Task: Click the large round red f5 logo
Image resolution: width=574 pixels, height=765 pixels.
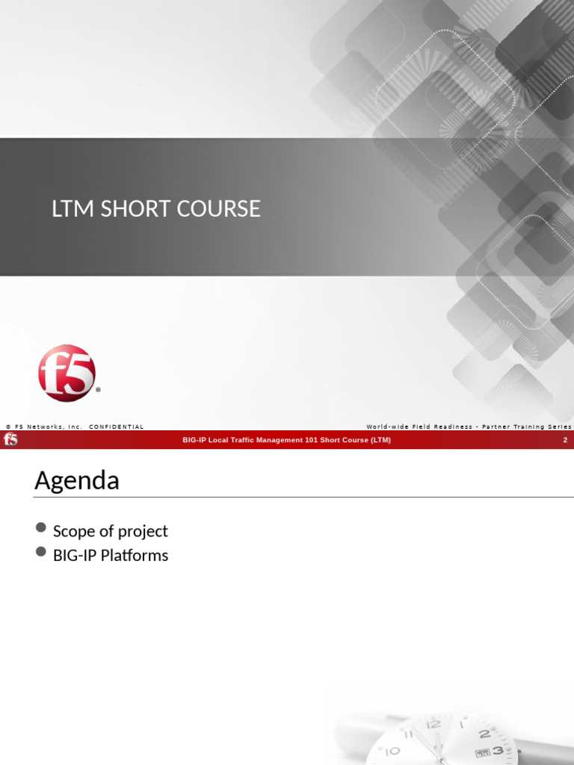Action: point(67,373)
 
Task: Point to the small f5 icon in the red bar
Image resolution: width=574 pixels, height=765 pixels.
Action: point(10,440)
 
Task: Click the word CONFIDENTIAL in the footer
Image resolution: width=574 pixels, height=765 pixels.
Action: point(116,427)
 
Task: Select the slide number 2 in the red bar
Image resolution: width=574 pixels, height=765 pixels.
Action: point(565,440)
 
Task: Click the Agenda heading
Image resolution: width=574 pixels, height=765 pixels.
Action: point(76,480)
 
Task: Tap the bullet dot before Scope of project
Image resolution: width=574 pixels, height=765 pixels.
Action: point(41,529)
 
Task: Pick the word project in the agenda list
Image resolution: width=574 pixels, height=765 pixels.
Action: point(143,531)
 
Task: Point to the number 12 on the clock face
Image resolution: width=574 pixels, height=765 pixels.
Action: point(433,724)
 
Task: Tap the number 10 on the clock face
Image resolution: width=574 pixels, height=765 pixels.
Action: point(392,750)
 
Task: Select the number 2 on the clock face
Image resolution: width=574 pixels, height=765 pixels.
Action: point(484,734)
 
